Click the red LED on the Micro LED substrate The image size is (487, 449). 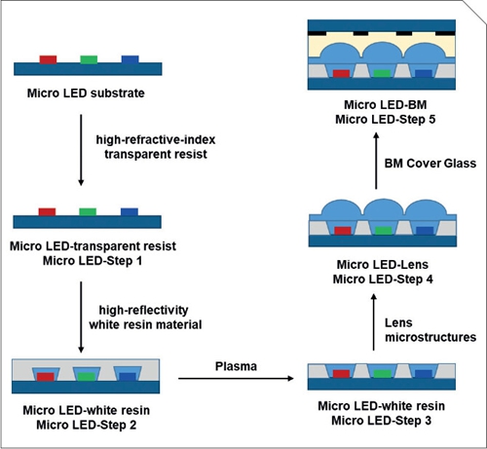pyautogui.click(x=48, y=60)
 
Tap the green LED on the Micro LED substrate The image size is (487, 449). pyautogui.click(x=89, y=60)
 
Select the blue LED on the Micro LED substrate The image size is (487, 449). pyautogui.click(x=129, y=60)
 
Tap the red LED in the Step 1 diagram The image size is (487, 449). pyautogui.click(x=48, y=210)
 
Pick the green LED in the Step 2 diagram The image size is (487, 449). pyautogui.click(x=89, y=374)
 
